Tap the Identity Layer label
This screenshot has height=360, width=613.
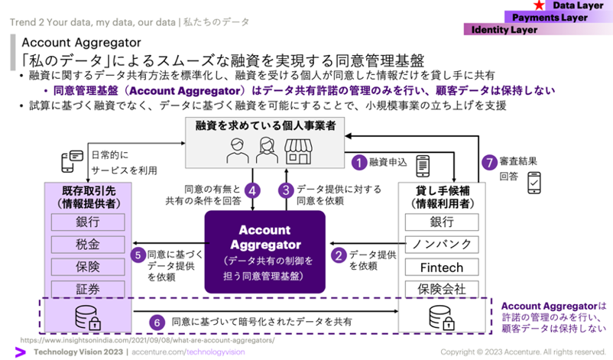[x=504, y=30]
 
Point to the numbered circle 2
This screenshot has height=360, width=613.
[x=337, y=256]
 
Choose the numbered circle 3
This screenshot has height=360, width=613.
[x=286, y=190]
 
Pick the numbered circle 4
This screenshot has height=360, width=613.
[x=253, y=190]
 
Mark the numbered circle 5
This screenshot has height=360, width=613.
[x=138, y=256]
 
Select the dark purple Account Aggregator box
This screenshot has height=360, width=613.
[x=264, y=251]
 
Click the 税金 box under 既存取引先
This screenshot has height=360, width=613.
[x=87, y=245]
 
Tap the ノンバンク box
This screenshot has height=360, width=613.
[x=443, y=245]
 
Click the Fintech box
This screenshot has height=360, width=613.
[x=443, y=267]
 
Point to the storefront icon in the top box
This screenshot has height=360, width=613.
[x=300, y=151]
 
